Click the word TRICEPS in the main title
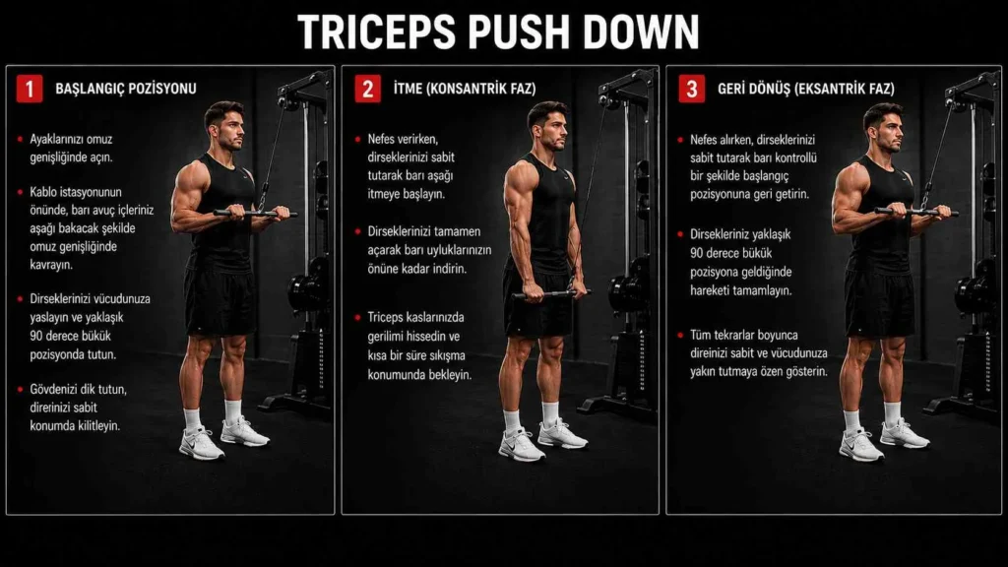[x=377, y=31]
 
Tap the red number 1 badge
[x=30, y=89]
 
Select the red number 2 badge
[x=368, y=89]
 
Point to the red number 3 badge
[x=692, y=89]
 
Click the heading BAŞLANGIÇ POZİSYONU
[x=126, y=89]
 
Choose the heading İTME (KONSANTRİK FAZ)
[x=465, y=89]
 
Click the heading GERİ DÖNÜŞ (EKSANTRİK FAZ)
[x=806, y=89]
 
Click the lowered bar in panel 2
[x=550, y=294]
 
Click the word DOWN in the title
[x=641, y=31]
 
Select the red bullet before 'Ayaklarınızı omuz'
[x=20, y=139]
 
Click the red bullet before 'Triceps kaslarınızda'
[x=357, y=318]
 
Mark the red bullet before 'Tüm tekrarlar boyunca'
[x=680, y=335]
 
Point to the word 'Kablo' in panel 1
[x=43, y=192]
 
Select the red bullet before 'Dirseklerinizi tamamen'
[x=357, y=231]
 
